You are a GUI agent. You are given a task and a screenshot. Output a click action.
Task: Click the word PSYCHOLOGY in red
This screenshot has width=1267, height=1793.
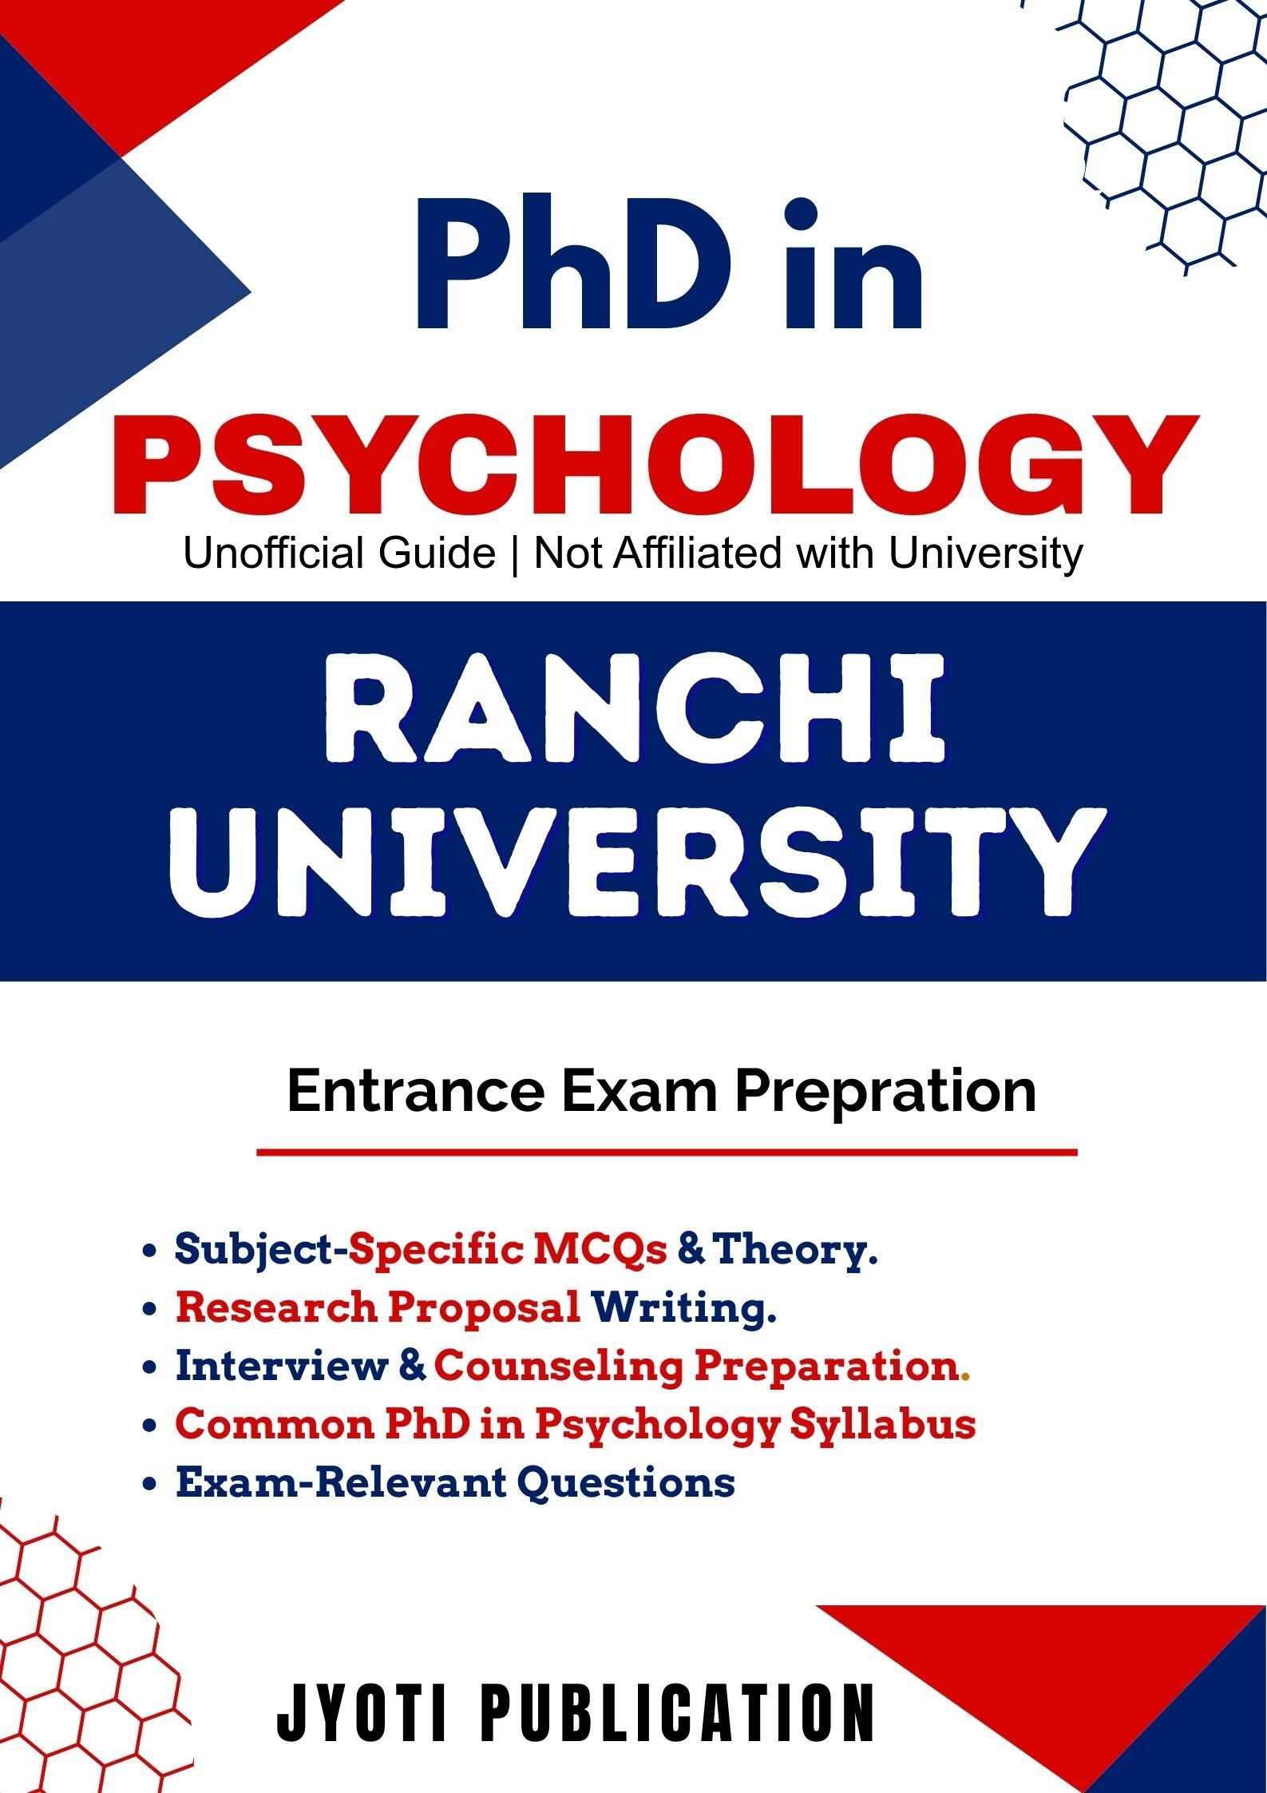click(x=655, y=465)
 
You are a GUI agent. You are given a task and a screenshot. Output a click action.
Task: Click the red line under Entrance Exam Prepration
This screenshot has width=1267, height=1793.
click(x=667, y=1152)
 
